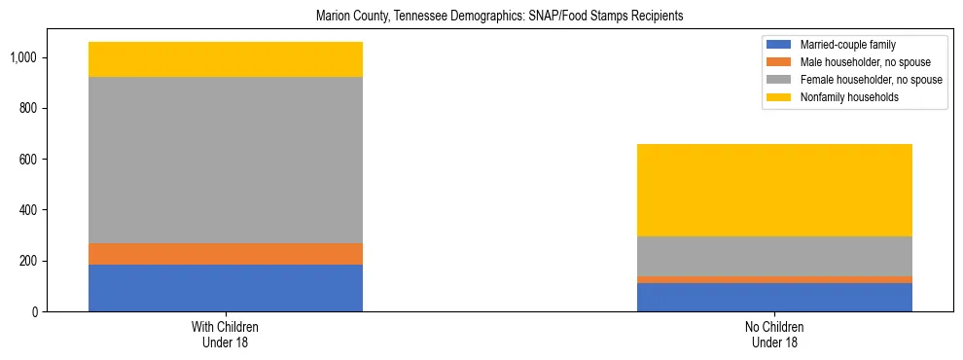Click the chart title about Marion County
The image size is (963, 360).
494,17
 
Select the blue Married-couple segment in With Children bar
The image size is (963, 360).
226,288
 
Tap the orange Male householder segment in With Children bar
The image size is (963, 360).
226,254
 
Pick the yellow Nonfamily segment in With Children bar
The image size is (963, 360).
226,59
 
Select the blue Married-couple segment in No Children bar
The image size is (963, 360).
774,297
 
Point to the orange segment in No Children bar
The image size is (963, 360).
774,279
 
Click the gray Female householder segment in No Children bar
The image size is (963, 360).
774,256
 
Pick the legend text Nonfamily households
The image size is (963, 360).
843,97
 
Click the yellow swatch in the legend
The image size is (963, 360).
779,97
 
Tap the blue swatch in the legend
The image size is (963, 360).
779,45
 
